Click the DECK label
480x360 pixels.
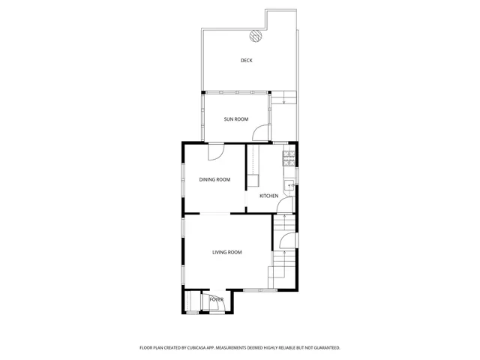pos(246,60)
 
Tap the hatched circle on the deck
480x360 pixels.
pos(256,34)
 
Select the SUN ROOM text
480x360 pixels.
pos(235,118)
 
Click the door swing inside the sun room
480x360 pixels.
pos(259,133)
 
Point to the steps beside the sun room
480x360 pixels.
pos(282,97)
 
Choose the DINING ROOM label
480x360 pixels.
pos(214,179)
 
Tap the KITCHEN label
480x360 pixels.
pos(268,196)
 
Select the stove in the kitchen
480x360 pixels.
pos(288,157)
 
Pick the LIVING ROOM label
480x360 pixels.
pos(226,252)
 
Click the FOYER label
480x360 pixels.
pos(216,300)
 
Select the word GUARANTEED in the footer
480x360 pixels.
pos(323,348)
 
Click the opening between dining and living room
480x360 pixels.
pos(215,214)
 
